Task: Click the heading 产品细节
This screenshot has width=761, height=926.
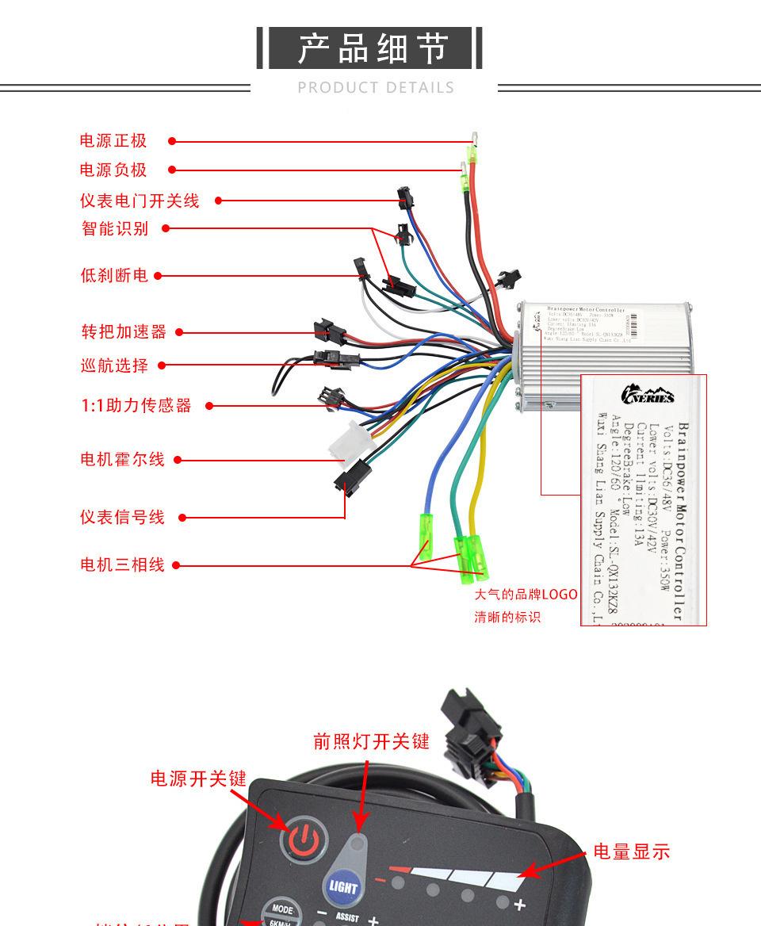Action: (371, 49)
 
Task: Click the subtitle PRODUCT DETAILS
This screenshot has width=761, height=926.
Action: (376, 88)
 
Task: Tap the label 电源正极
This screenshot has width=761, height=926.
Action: (113, 141)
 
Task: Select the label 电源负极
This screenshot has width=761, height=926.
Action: (113, 170)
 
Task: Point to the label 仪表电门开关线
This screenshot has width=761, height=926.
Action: (139, 201)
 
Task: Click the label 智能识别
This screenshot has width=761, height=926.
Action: (115, 228)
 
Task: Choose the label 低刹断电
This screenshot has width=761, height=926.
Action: (114, 276)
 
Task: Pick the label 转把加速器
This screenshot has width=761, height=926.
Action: (124, 331)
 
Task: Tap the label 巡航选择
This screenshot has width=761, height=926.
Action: (114, 365)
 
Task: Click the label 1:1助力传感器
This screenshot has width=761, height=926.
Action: (136, 406)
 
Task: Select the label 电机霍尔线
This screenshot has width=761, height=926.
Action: (123, 459)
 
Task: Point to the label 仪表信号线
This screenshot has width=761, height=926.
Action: (122, 517)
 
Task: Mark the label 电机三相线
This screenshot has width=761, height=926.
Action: (122, 564)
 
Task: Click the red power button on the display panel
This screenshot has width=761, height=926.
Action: (303, 837)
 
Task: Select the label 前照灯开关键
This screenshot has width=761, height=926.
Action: (371, 741)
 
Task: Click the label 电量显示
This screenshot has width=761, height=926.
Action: (632, 852)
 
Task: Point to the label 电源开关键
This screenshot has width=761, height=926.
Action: (199, 779)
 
